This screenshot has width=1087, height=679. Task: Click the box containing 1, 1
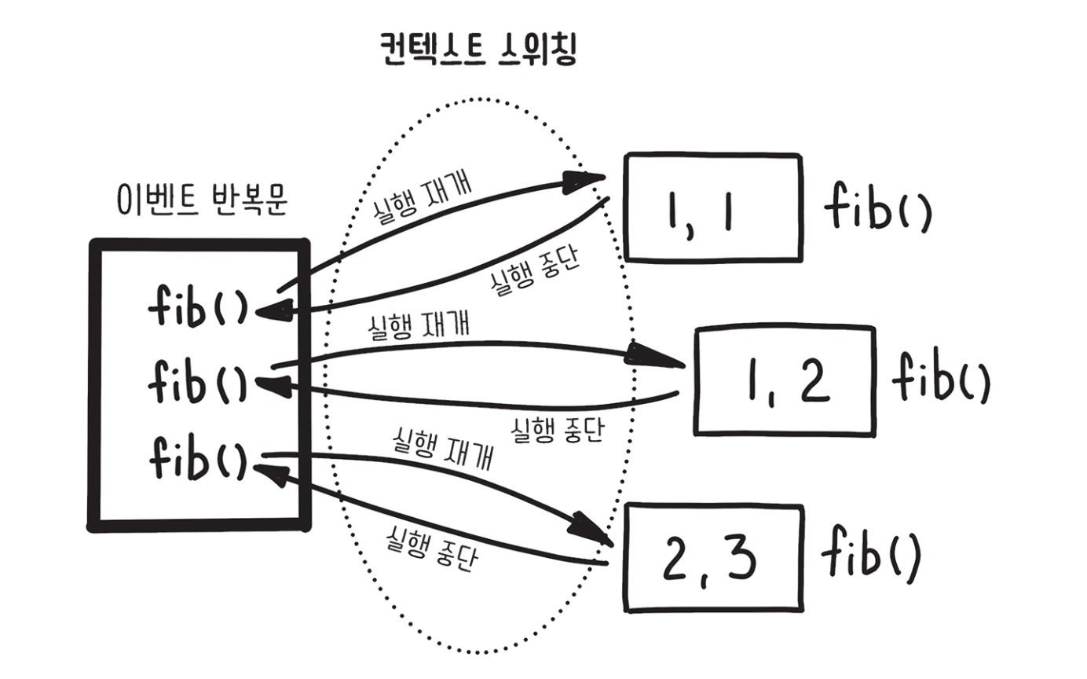click(713, 207)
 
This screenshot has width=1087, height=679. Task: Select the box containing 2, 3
click(713, 557)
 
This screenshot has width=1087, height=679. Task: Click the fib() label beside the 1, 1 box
click(877, 211)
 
